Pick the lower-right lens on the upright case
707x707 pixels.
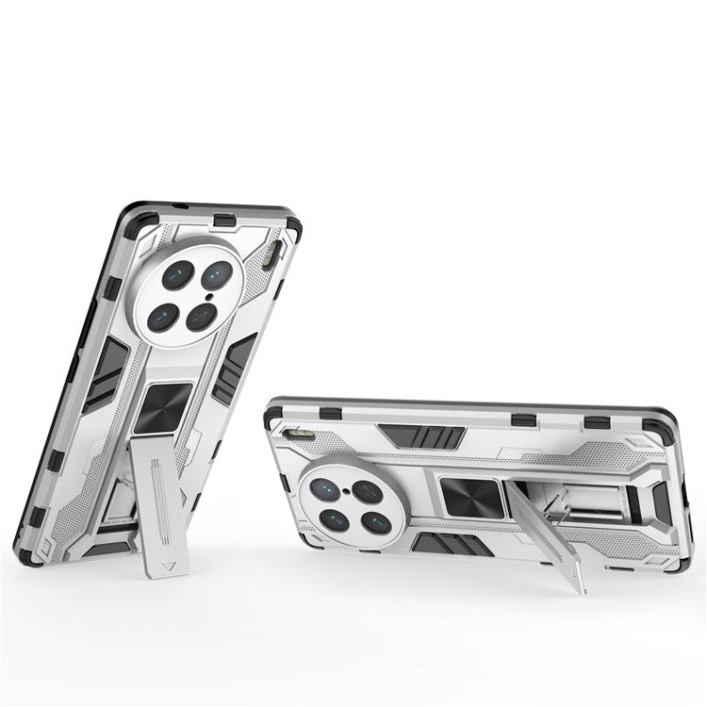point(201,317)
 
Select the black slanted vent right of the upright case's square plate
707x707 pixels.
point(233,368)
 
